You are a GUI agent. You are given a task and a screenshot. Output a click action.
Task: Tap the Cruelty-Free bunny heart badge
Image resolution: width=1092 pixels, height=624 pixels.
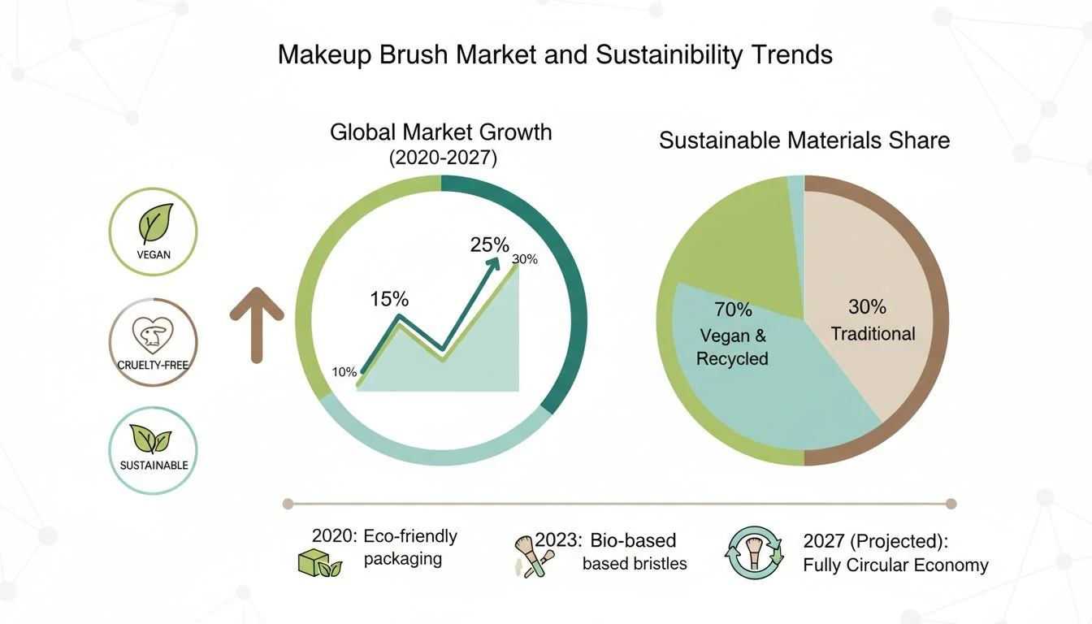(153, 341)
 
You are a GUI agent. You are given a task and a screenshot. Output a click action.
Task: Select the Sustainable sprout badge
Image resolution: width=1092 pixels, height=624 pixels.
(153, 449)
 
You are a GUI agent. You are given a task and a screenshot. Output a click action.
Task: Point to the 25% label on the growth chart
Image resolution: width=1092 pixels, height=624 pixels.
(489, 245)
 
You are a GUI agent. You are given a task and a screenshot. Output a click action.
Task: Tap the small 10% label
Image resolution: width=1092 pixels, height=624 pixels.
(344, 372)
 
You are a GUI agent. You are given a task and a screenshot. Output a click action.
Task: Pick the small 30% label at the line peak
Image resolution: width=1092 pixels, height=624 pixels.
(525, 259)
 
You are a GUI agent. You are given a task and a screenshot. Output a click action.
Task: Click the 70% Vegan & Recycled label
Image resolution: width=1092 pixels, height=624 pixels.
(733, 334)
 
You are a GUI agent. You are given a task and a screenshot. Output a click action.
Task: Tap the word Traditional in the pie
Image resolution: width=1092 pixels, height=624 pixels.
(873, 333)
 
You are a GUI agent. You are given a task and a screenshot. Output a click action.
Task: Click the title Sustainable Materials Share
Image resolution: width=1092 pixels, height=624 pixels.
(804, 140)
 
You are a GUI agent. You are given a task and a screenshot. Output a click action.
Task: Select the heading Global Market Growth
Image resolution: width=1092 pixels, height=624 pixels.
(440, 132)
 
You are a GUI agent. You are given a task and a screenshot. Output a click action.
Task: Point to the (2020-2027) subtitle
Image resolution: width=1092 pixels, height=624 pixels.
(443, 158)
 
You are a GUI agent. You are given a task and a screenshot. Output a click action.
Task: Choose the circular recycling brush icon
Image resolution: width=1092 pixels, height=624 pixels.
(753, 552)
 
